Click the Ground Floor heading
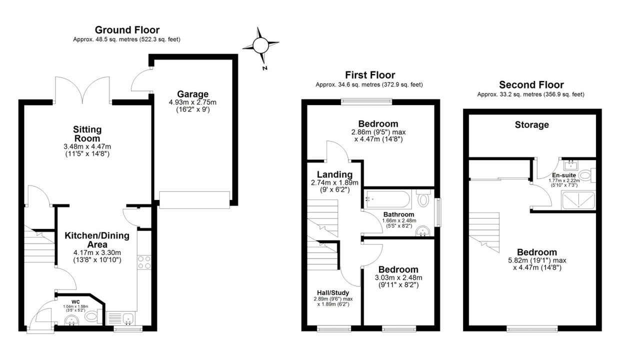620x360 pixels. [127, 30]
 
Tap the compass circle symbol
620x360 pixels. [260, 45]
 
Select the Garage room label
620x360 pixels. [192, 94]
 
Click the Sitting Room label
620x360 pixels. [87, 134]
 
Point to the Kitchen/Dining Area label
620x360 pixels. [97, 240]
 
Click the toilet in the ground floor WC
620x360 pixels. [91, 316]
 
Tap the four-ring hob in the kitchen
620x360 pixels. [144, 262]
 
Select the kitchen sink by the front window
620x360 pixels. [120, 318]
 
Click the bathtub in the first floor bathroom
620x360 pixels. [387, 199]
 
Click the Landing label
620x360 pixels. [334, 174]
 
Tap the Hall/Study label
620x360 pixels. [333, 293]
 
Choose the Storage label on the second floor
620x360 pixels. [531, 125]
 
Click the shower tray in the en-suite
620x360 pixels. [578, 200]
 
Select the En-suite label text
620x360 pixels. [564, 175]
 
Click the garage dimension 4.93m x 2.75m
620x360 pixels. [192, 102]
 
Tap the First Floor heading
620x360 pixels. [370, 75]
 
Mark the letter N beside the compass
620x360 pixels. [265, 68]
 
